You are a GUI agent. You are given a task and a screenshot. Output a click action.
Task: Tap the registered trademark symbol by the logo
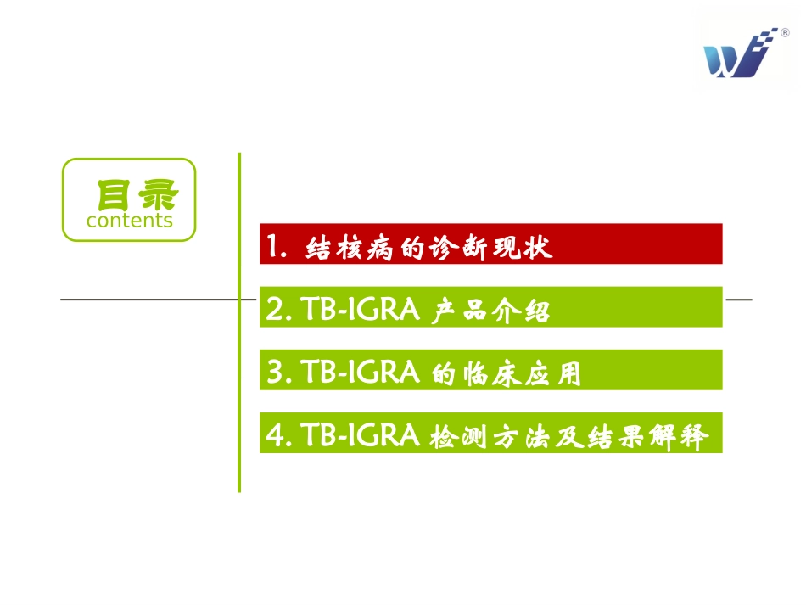pyautogui.click(x=784, y=33)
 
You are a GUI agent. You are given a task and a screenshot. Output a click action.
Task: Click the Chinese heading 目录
pyautogui.click(x=129, y=195)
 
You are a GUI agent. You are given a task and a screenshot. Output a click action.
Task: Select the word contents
pyautogui.click(x=129, y=221)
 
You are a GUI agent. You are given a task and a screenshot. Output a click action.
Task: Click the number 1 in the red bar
pyautogui.click(x=272, y=247)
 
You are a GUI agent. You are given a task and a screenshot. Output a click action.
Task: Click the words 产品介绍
pyautogui.click(x=490, y=311)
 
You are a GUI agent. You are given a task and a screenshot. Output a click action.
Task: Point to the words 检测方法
pyautogui.click(x=490, y=437)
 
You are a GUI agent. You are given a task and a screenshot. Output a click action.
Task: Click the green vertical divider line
pyautogui.click(x=239, y=382)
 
